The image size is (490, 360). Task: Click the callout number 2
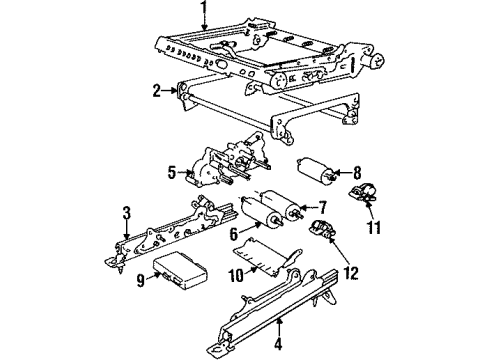tap(158, 90)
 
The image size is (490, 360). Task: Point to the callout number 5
tap(172, 171)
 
